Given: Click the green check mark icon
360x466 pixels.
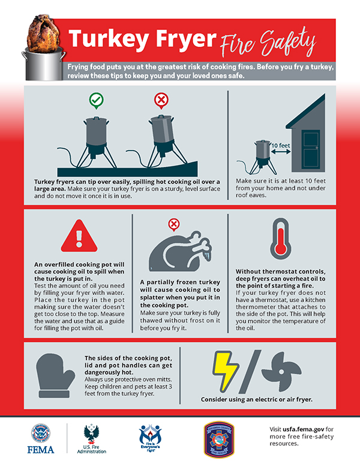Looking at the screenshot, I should click(95, 100).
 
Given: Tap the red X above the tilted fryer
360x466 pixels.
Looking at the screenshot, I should click(161, 100).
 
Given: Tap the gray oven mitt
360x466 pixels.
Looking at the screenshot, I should click(55, 375).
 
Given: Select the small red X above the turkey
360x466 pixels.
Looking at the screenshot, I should click(174, 225).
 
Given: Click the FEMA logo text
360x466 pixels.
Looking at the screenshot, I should click(40, 449).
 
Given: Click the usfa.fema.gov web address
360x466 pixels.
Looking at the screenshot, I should click(305, 430).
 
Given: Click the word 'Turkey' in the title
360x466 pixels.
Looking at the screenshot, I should click(108, 40).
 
